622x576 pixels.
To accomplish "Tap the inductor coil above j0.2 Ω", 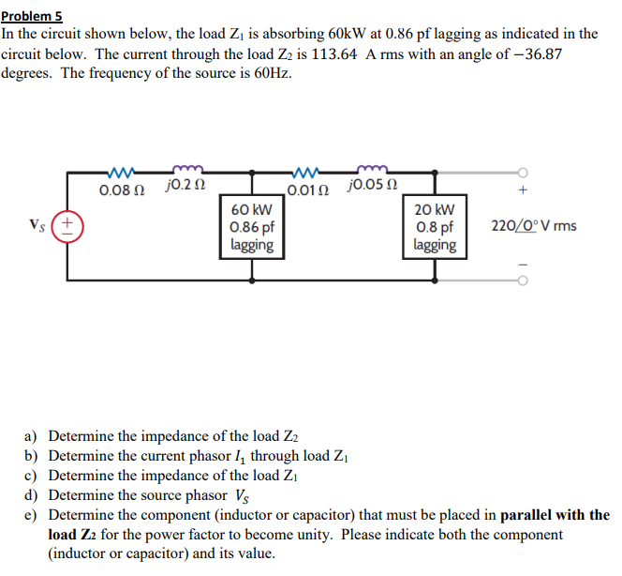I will (x=184, y=171).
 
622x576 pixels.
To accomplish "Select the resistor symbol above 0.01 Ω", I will (x=307, y=172).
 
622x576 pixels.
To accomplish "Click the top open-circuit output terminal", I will (x=525, y=172).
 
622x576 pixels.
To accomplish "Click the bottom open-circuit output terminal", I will (x=525, y=280).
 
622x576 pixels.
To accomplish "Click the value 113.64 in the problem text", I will (x=360, y=53).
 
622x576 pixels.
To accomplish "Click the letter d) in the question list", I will (x=31, y=495).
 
